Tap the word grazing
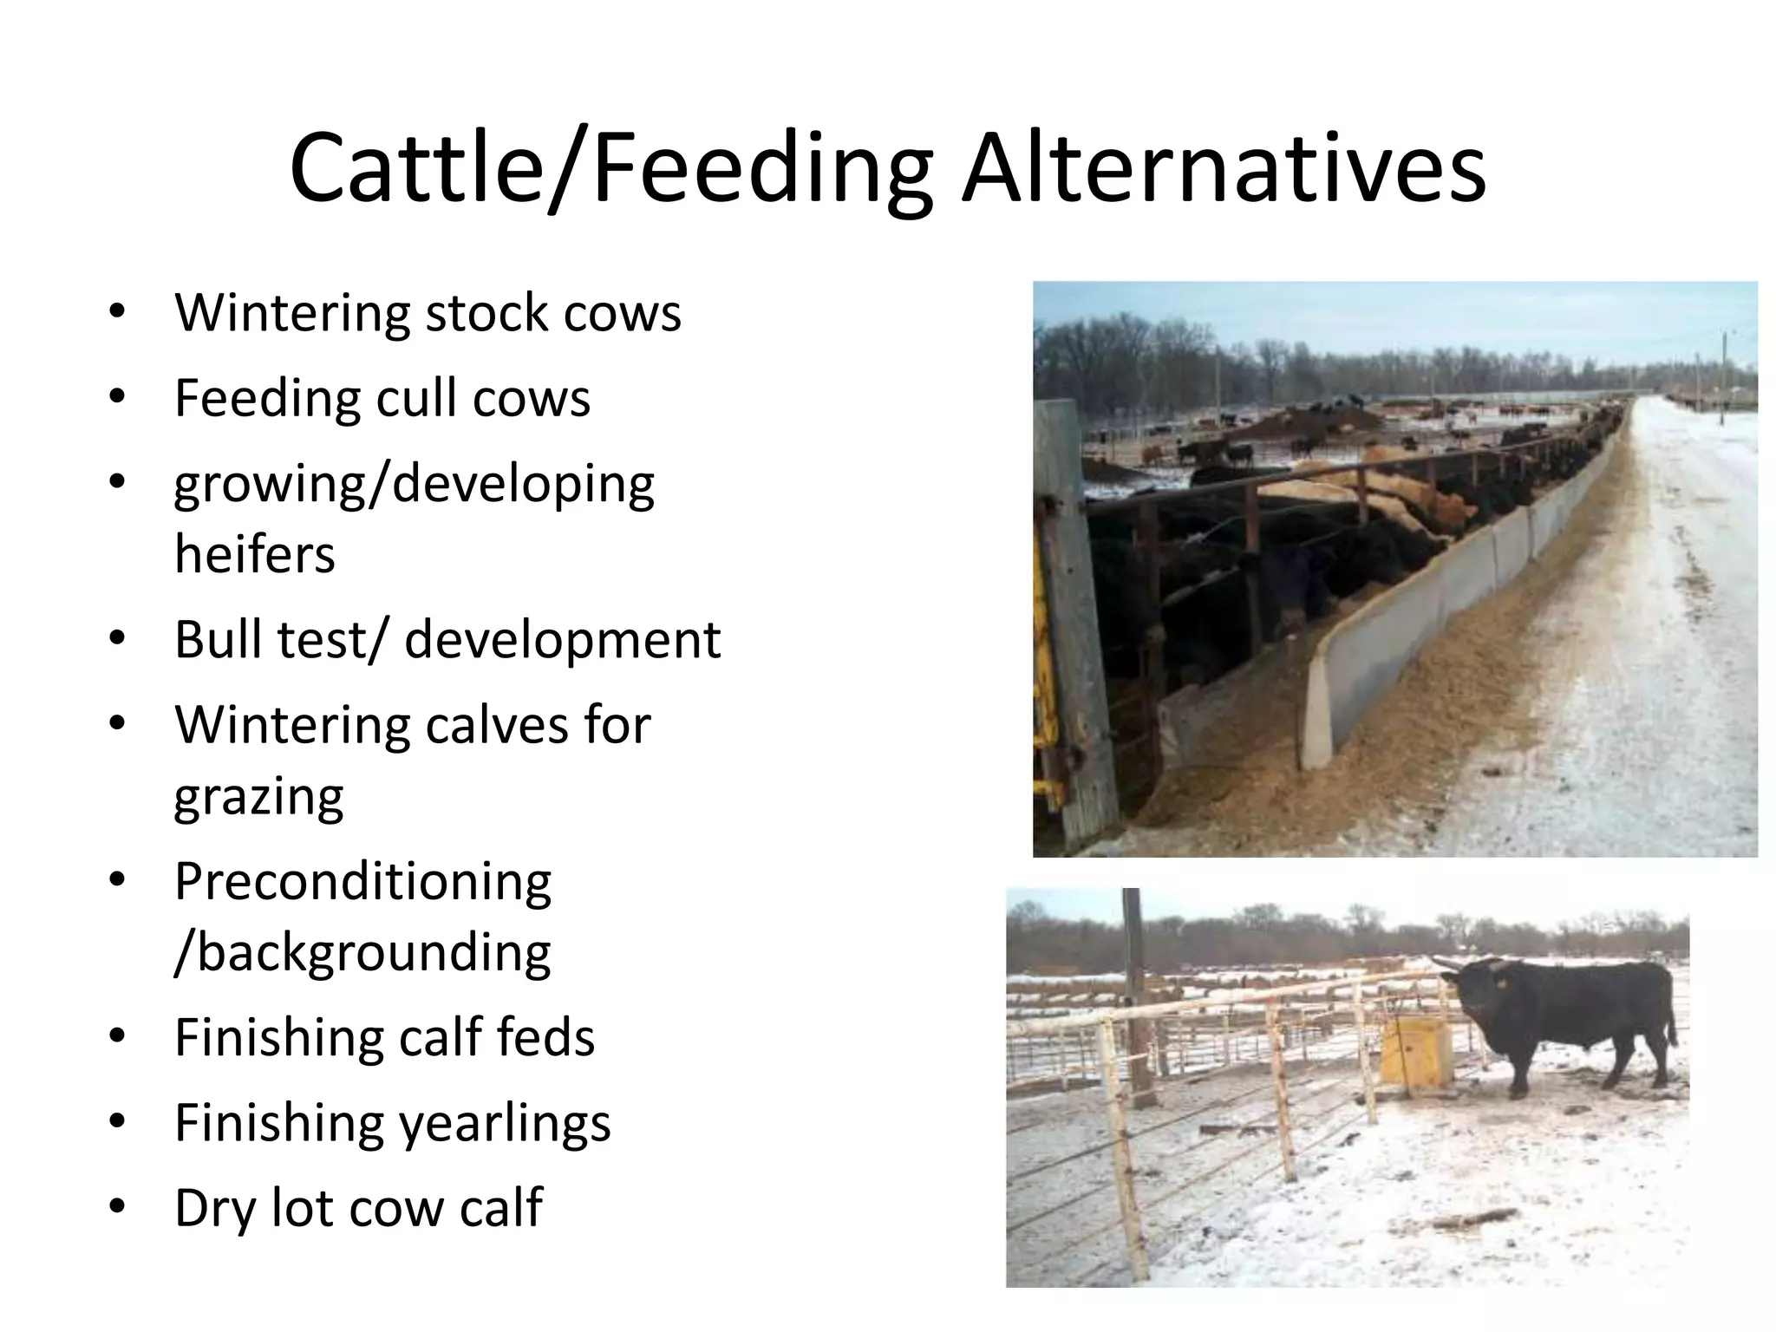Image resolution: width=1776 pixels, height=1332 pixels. [x=258, y=796]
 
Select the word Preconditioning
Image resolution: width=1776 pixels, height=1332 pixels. [x=362, y=883]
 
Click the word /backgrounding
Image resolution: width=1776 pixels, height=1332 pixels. [x=362, y=952]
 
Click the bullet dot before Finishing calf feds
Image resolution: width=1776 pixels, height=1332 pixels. [x=118, y=1036]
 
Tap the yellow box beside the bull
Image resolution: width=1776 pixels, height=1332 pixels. [x=1416, y=1049]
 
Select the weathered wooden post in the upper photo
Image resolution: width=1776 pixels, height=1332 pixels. [x=1075, y=624]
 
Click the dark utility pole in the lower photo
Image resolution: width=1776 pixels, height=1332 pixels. [x=1136, y=997]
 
